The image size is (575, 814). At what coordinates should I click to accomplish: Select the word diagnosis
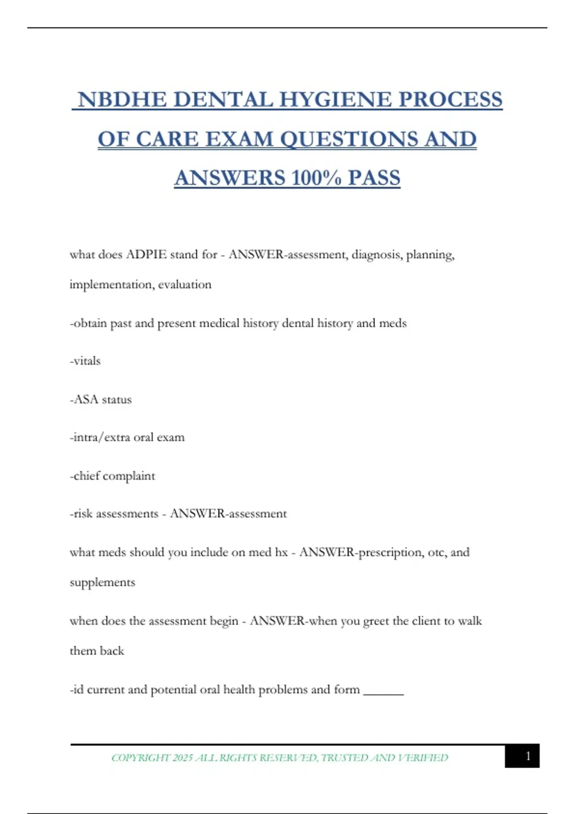377,254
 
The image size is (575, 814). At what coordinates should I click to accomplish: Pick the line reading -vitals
85,361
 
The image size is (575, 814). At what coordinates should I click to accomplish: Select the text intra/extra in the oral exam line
100,437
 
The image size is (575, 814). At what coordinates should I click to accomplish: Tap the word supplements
103,583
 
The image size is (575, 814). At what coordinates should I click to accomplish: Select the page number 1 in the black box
528,756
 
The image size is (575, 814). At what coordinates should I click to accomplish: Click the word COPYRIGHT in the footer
140,757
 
